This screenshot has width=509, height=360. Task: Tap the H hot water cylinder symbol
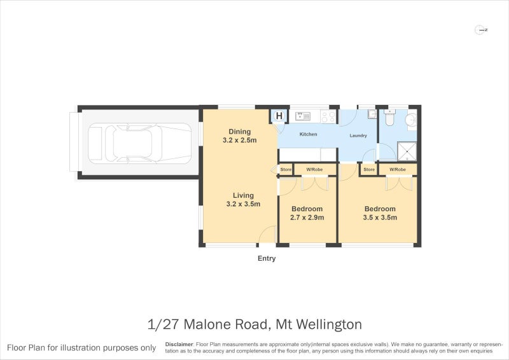(x=279, y=116)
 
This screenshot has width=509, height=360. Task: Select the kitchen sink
(x=302, y=116)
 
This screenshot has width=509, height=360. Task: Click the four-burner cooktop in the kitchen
(x=328, y=116)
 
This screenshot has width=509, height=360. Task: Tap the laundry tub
(x=372, y=115)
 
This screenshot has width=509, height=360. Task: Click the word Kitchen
(x=309, y=134)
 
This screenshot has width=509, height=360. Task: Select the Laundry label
(x=358, y=135)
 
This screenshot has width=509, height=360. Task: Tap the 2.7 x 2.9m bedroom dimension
(x=307, y=218)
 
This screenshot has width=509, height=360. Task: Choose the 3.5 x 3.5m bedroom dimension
(x=380, y=218)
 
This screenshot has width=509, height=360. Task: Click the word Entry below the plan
(x=267, y=259)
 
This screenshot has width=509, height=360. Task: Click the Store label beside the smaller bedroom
(x=286, y=170)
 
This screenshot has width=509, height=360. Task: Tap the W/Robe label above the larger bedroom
(x=398, y=170)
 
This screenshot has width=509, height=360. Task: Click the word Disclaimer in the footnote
(x=179, y=344)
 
